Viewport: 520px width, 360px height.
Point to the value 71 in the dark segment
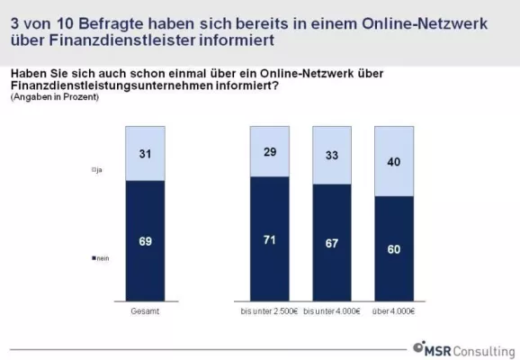[270, 240]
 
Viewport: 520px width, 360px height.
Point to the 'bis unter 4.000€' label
[332, 310]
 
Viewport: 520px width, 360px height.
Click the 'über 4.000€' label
[393, 310]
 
